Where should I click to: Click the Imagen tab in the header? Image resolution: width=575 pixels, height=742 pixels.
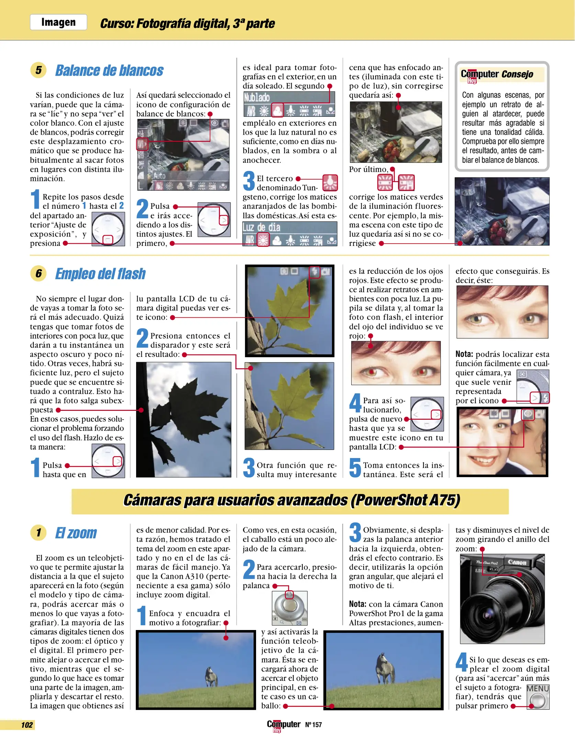coord(58,22)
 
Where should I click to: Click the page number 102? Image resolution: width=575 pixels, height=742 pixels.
coord(27,725)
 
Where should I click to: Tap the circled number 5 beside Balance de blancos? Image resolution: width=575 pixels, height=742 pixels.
coord(38,70)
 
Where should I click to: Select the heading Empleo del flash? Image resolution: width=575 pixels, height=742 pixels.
coord(100,274)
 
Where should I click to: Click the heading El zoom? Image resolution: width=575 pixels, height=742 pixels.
coord(76,533)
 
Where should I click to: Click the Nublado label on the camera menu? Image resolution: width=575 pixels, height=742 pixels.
coord(257,98)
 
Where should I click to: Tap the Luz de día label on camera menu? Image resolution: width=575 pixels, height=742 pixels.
coord(261,227)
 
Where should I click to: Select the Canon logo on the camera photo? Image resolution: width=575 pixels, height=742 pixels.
coord(517,562)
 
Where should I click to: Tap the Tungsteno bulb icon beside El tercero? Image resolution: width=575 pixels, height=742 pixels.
coord(330,182)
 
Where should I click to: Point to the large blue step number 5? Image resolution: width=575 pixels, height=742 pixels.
coord(355,468)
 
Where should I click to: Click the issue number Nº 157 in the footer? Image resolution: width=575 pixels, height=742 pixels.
coord(313,725)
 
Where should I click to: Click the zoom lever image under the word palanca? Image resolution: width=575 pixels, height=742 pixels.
coord(289,608)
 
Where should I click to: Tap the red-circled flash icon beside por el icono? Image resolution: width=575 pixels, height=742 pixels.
coord(545,398)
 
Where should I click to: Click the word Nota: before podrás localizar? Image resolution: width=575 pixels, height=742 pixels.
coord(464,354)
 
